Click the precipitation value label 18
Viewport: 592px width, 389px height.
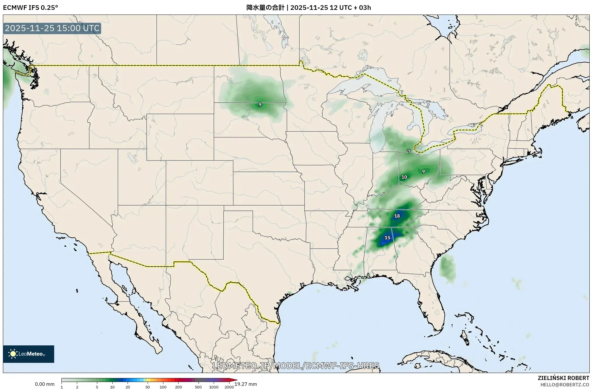click(397, 216)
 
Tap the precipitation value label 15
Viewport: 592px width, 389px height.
click(387, 238)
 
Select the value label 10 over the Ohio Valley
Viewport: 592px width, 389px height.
click(404, 177)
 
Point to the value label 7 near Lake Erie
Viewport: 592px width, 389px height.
click(409, 151)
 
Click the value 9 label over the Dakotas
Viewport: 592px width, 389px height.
click(260, 105)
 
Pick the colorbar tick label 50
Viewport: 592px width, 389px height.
click(148, 387)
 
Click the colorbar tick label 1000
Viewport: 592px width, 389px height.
click(214, 387)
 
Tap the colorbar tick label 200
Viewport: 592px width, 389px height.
click(179, 387)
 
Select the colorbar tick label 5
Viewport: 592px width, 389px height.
click(97, 387)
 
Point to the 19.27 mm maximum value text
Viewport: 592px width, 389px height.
click(245, 384)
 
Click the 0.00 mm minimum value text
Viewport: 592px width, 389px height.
click(45, 384)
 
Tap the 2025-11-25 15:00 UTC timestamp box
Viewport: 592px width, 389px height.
click(52, 28)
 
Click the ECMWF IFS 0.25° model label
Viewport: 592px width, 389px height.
click(30, 8)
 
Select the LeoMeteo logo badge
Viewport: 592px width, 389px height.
click(29, 354)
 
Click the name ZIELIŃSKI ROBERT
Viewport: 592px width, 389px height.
click(563, 378)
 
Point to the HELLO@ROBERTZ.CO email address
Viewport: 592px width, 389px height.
click(565, 385)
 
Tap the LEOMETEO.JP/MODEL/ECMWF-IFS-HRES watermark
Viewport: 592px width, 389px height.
click(296, 365)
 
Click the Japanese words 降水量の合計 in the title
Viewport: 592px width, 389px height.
click(265, 8)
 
